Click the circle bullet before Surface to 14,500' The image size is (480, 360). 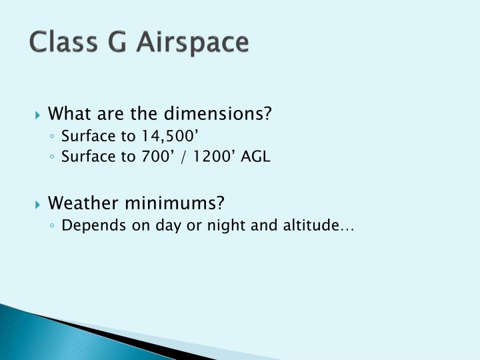53,137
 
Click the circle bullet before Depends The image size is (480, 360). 53,226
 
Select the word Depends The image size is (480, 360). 87,226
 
